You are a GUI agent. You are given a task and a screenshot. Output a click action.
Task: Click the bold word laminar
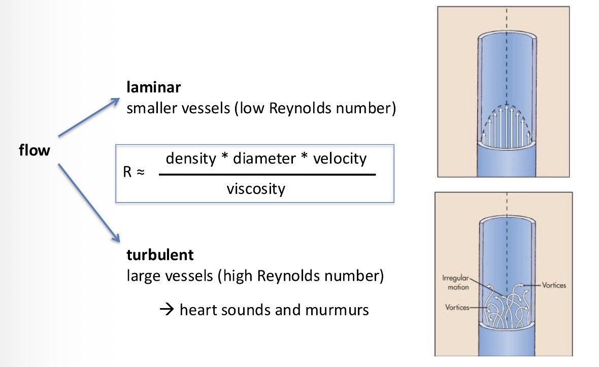pos(154,88)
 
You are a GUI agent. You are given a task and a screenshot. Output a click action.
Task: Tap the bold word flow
pos(35,150)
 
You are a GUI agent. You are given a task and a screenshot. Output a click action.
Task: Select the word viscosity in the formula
pos(256,189)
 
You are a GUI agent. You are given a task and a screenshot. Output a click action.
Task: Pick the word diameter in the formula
pos(265,158)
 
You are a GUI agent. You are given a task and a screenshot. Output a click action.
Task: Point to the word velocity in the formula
pos(340,158)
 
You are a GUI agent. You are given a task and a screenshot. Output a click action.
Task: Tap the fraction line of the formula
pos(267,174)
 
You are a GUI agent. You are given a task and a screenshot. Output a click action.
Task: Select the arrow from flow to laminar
pos(89,117)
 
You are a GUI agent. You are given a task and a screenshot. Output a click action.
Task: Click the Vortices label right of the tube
pos(554,285)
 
